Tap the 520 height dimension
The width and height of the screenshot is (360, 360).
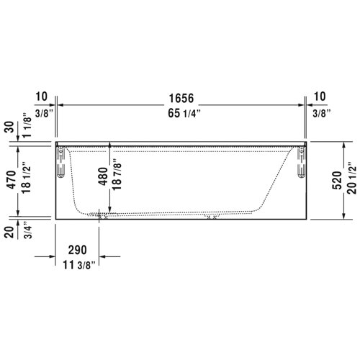pos(335,179)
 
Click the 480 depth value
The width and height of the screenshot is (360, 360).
pos(102,178)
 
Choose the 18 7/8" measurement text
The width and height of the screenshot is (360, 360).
pos(115,178)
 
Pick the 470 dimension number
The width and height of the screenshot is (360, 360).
pos(10,179)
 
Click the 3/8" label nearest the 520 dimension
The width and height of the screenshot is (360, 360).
pos(321,113)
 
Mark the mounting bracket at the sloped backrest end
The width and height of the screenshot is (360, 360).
pos(299,162)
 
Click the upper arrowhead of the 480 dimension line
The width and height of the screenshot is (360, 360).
pos(109,145)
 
